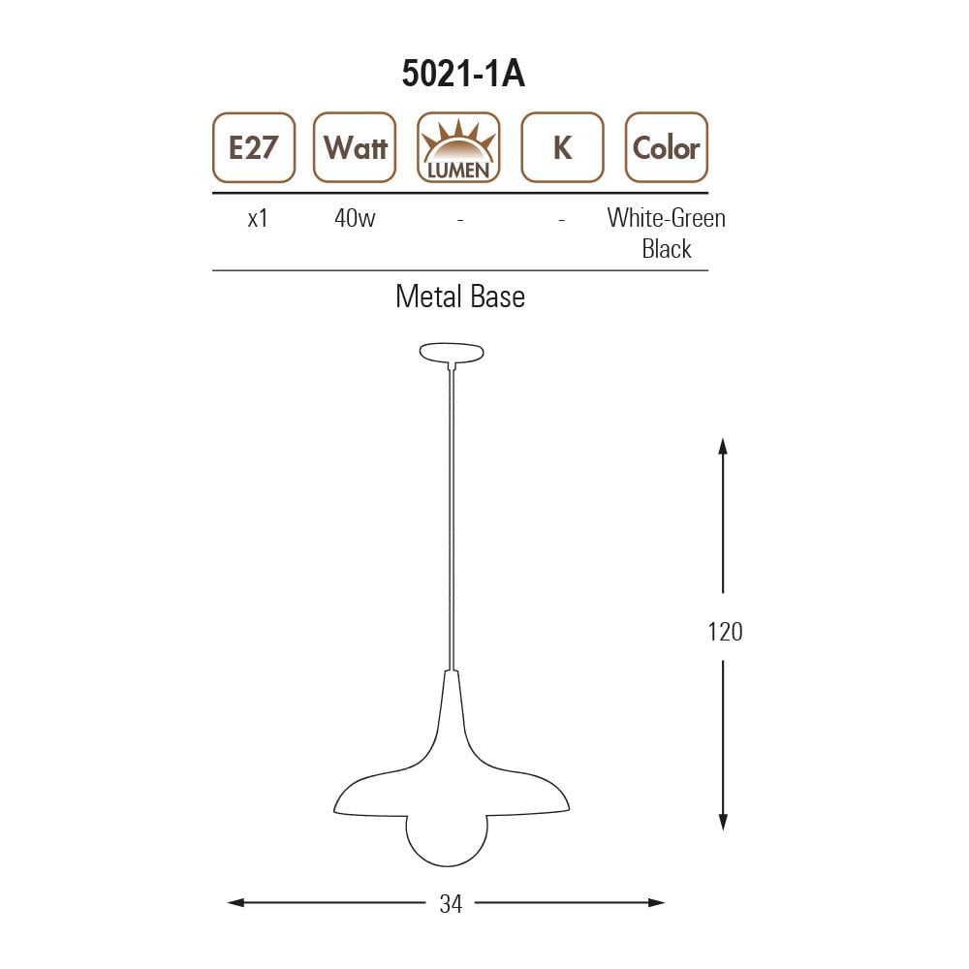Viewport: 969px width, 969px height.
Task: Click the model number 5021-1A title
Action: [463, 74]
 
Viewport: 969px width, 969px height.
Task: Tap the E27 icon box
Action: [254, 147]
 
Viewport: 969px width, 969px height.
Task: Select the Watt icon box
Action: [355, 147]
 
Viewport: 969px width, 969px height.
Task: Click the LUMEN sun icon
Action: [458, 147]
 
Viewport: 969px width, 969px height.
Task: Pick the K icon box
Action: [562, 147]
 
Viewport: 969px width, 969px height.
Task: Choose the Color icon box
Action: [666, 147]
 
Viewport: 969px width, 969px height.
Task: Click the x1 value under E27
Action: [257, 218]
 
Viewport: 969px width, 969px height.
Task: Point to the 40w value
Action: [354, 218]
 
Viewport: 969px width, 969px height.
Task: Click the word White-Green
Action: [666, 218]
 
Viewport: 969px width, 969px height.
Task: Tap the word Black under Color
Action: [666, 249]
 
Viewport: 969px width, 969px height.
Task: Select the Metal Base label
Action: [459, 297]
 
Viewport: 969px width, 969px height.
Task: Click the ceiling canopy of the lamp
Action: [452, 352]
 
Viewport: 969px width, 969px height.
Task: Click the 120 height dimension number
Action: [724, 632]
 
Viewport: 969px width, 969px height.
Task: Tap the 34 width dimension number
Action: [451, 904]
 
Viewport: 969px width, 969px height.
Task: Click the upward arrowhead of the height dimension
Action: [723, 446]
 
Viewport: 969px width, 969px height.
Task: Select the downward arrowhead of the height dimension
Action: [723, 822]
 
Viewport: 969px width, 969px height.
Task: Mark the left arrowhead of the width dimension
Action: [235, 903]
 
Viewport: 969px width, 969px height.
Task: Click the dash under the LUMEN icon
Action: [460, 221]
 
